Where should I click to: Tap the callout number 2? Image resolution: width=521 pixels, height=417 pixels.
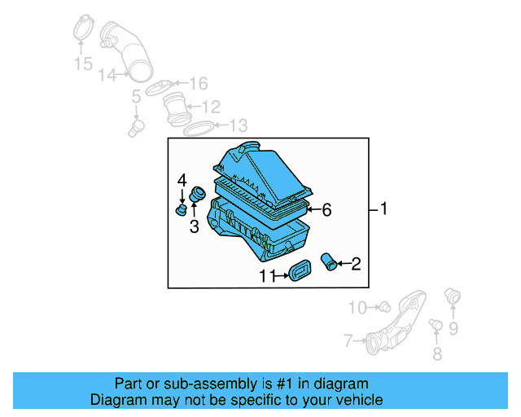click(357, 263)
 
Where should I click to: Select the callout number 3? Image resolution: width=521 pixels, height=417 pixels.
click(194, 227)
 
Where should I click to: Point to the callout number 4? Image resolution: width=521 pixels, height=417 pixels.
click(182, 179)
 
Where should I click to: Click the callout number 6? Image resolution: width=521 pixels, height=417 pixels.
click(326, 210)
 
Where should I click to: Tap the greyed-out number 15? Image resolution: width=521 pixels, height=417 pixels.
click(83, 64)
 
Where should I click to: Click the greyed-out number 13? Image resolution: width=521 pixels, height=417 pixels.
click(238, 125)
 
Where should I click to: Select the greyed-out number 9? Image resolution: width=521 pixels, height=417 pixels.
click(453, 328)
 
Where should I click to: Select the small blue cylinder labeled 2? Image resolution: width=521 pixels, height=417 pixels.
click(330, 262)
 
